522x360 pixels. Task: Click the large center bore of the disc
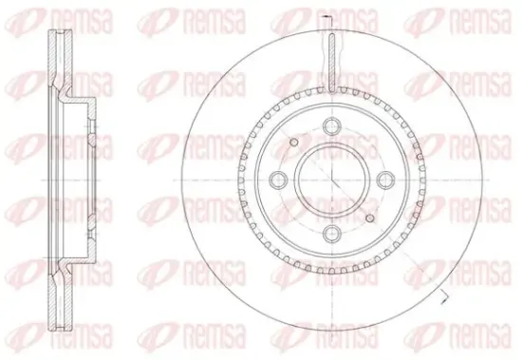click(332, 180)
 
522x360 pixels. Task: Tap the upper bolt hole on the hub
click(332, 125)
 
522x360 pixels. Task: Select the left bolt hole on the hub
click(278, 180)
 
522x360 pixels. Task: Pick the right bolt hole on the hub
click(386, 180)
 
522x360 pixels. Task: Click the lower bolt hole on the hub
click(332, 234)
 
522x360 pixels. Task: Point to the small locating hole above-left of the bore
click(294, 142)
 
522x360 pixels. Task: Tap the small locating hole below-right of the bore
click(370, 218)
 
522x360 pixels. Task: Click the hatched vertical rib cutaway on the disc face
click(332, 63)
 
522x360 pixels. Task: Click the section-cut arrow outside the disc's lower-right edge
click(443, 297)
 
